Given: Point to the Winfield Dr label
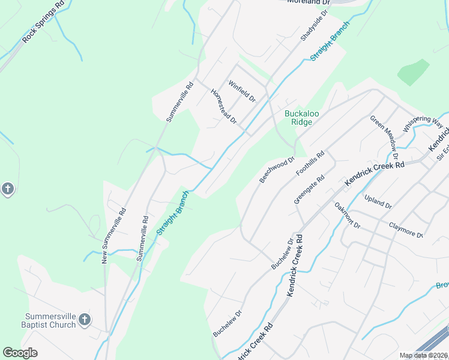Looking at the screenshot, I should point(241,90).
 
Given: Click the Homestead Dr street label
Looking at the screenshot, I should point(223,106).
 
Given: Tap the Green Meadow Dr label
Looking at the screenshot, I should point(384,133).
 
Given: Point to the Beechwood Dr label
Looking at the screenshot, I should point(277,170).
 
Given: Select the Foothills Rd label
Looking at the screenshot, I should point(310,163).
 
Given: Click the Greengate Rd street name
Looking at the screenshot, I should point(309,190).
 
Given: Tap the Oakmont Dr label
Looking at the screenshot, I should point(348,215).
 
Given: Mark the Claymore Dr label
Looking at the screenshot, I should point(406,230).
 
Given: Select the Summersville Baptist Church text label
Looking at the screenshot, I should point(50,320).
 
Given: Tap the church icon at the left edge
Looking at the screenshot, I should point(7,190).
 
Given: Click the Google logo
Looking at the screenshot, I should point(20,353).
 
